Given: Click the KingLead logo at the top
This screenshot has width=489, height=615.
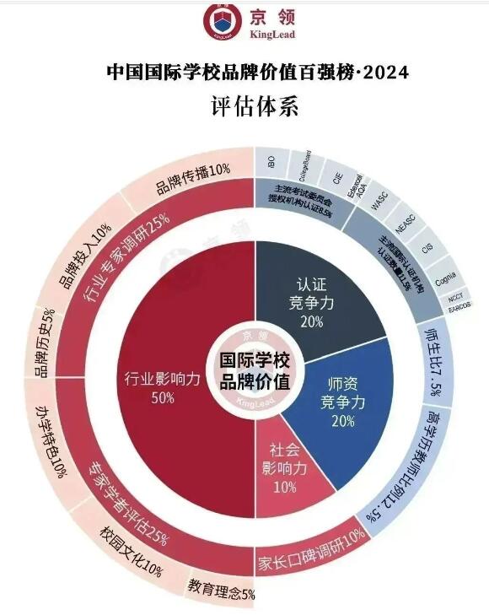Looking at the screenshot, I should click(244, 23).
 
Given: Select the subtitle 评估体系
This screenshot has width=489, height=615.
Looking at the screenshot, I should click(244, 108).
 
